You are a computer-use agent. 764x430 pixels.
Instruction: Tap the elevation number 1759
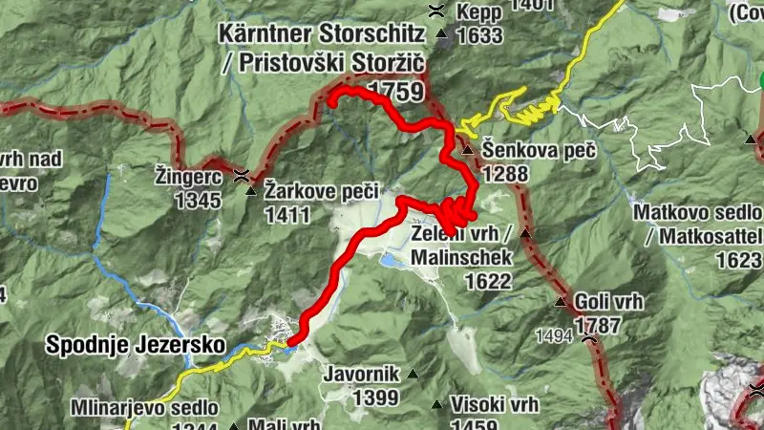(394, 92)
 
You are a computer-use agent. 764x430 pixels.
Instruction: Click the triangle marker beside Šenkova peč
(468, 151)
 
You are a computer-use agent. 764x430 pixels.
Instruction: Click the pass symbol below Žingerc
(244, 176)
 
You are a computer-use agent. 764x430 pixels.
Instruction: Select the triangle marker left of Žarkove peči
(252, 191)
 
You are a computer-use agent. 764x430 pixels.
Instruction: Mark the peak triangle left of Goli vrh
(562, 302)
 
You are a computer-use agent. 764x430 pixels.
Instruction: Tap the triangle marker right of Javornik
(413, 374)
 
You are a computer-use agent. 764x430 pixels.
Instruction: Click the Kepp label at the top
(479, 13)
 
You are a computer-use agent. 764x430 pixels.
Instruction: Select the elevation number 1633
(479, 36)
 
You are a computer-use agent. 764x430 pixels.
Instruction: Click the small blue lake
(392, 259)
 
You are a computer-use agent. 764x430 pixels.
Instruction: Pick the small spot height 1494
(553, 335)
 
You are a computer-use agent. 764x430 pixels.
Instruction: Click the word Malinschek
(463, 258)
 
